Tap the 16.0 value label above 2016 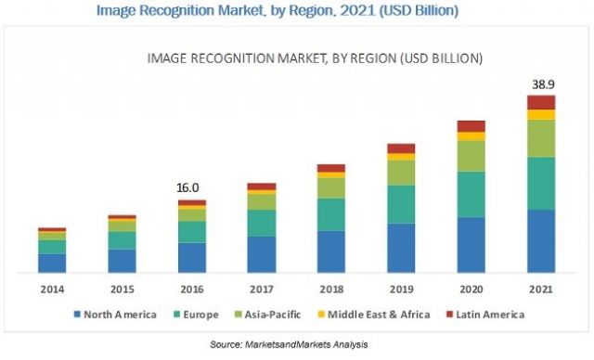[191, 187]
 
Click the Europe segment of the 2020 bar [471, 194]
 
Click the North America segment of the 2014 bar [52, 263]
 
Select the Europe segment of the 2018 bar [331, 214]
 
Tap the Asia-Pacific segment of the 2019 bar [401, 173]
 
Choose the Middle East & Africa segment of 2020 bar [471, 136]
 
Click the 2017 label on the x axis [261, 289]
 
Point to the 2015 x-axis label [122, 289]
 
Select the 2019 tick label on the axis [401, 289]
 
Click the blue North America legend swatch [79, 315]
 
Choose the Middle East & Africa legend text [389, 315]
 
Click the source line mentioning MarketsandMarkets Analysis [297, 344]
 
